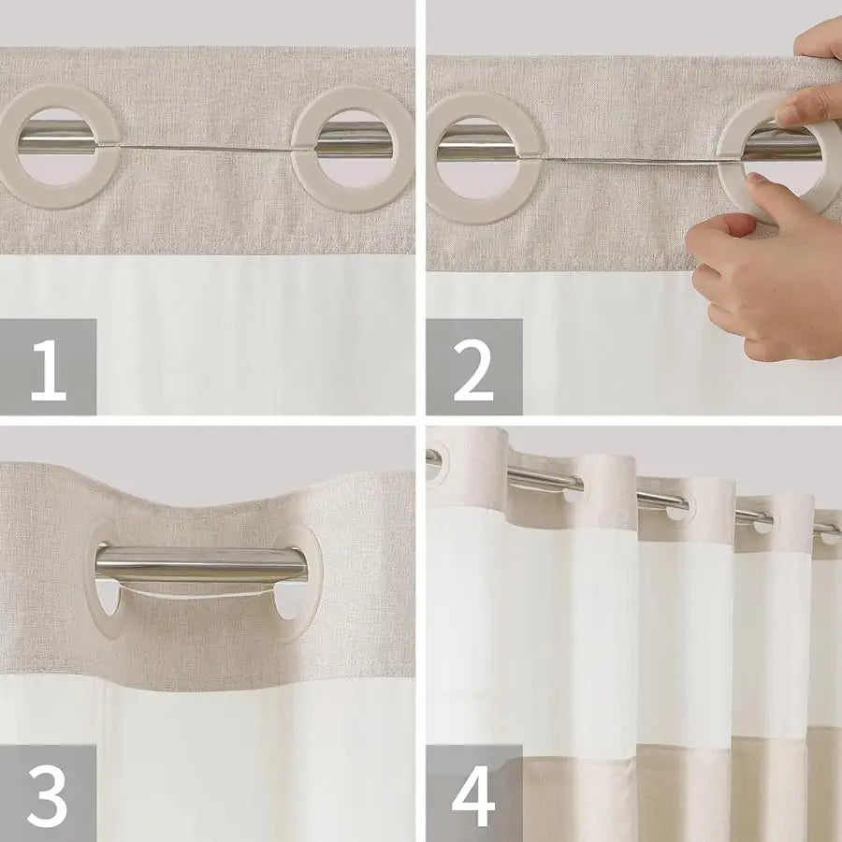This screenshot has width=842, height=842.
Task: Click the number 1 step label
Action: coord(49,367)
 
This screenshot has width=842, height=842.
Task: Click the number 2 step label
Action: coord(473,367)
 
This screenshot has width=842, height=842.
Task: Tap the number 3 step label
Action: coord(49,793)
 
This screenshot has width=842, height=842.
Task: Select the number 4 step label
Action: coord(473,793)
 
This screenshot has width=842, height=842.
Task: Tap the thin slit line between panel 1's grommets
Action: coord(206,148)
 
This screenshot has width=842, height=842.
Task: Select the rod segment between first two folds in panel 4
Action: coord(543,480)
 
